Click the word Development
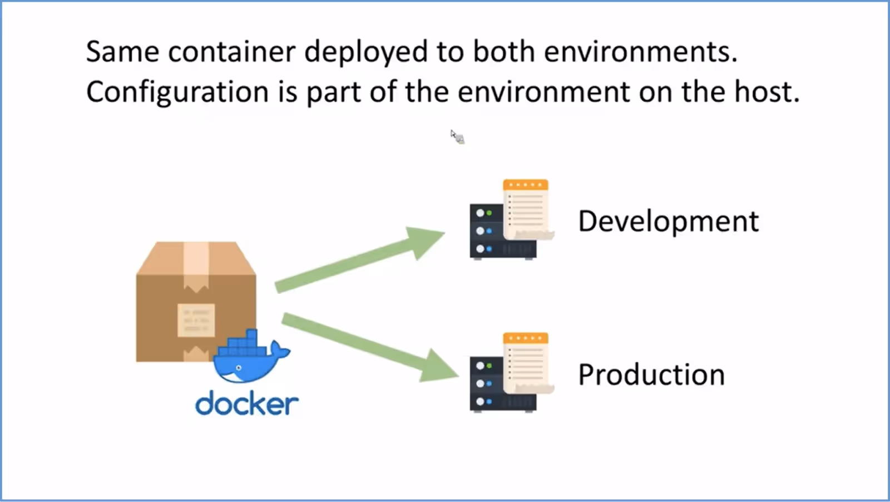pos(668,222)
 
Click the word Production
pos(651,375)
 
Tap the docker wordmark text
pos(247,403)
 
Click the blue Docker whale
pos(251,357)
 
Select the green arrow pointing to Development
pos(359,260)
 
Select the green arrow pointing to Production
pos(370,348)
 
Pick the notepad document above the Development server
pos(527,209)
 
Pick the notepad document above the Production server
pos(527,363)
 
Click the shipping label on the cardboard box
pos(196,320)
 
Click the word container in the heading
pos(231,52)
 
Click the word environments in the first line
pos(640,52)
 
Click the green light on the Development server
pos(489,213)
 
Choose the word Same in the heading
pos(122,52)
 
